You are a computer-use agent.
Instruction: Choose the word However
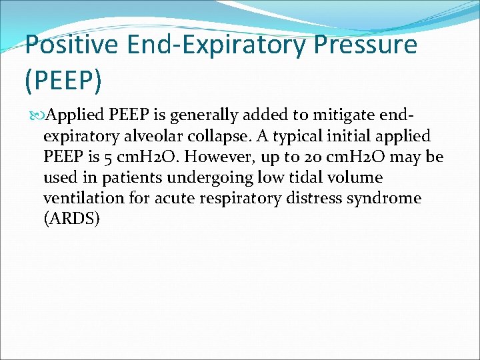click(x=220, y=157)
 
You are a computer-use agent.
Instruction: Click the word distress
click(x=333, y=198)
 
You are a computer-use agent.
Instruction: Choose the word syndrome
click(x=394, y=198)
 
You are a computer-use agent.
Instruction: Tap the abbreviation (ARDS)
click(x=71, y=219)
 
